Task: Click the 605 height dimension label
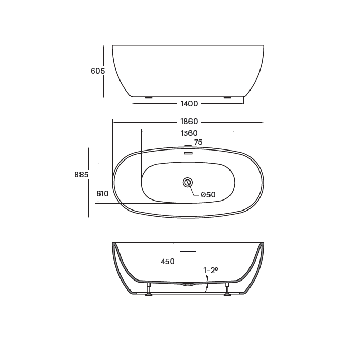[98, 71]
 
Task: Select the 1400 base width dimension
[189, 104]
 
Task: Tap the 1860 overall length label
[189, 122]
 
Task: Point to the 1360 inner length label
[189, 133]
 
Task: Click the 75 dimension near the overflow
[198, 142]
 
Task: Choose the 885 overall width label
[81, 175]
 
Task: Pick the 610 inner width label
[102, 194]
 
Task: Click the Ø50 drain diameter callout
[208, 195]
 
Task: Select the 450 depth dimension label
[167, 262]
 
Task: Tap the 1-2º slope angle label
[211, 271]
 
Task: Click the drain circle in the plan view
[187, 183]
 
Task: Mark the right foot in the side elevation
[227, 97]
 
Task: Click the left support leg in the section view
[149, 289]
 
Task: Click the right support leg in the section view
[227, 289]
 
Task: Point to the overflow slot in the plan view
[188, 153]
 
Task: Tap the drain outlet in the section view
[187, 284]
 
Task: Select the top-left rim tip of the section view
[113, 244]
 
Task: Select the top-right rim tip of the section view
[262, 244]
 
